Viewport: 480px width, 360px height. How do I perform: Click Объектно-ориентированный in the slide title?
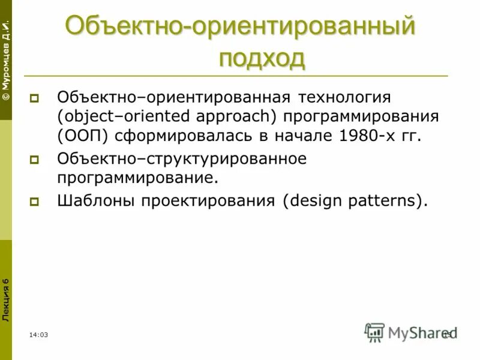pyautogui.click(x=240, y=27)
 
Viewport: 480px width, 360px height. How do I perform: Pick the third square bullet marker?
pyautogui.click(x=35, y=202)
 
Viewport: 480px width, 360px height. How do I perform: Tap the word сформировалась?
pyautogui.click(x=173, y=135)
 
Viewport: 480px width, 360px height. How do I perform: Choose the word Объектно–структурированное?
pyautogui.click(x=181, y=159)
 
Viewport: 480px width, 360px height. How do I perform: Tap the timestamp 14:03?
pyautogui.click(x=38, y=334)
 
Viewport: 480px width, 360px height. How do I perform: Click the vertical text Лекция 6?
pyautogui.click(x=6, y=300)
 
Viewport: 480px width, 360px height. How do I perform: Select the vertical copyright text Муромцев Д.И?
pyautogui.click(x=6, y=60)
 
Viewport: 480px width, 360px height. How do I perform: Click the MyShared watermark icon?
pyautogui.click(x=374, y=332)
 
